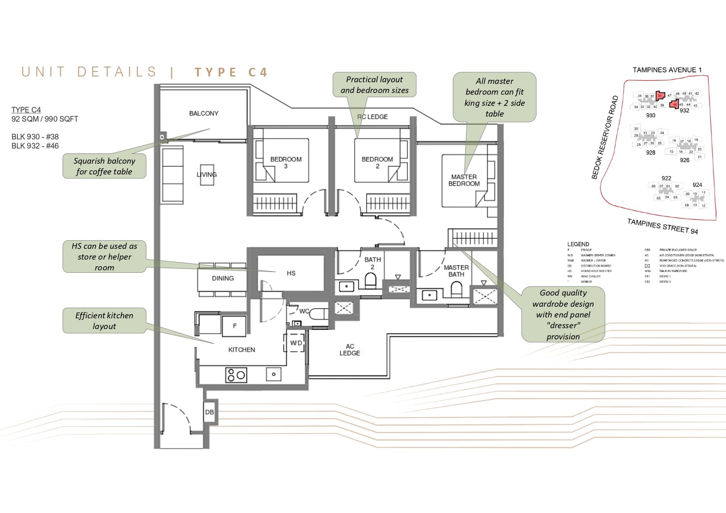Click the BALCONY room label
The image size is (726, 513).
pyautogui.click(x=204, y=113)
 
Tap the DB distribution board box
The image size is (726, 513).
pyautogui.click(x=209, y=412)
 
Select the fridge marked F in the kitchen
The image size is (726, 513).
pyautogui.click(x=235, y=326)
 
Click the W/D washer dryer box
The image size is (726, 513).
pyautogui.click(x=296, y=343)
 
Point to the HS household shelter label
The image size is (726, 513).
pyautogui.click(x=291, y=273)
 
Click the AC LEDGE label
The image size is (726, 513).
pyautogui.click(x=349, y=349)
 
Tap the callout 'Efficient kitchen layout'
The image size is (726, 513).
pyautogui.click(x=104, y=321)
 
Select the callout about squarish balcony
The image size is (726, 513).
pyautogui.click(x=104, y=166)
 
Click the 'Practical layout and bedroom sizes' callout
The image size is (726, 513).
pyautogui.click(x=374, y=85)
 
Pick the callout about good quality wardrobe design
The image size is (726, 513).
pyautogui.click(x=563, y=315)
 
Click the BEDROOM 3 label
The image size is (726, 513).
pyautogui.click(x=286, y=162)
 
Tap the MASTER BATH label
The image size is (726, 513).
pyautogui.click(x=456, y=271)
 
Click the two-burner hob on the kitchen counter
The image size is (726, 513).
pyautogui.click(x=236, y=375)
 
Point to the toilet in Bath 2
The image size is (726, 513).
pyautogui.click(x=371, y=281)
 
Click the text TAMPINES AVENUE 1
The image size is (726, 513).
pyautogui.click(x=667, y=70)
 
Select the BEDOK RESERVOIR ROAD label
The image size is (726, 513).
pyautogui.click(x=605, y=137)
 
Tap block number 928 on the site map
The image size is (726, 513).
pyautogui.click(x=650, y=153)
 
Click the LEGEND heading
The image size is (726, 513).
pyautogui.click(x=578, y=244)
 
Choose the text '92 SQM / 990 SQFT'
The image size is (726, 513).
pyautogui.click(x=45, y=119)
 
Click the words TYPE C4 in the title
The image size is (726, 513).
pyautogui.click(x=231, y=73)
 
